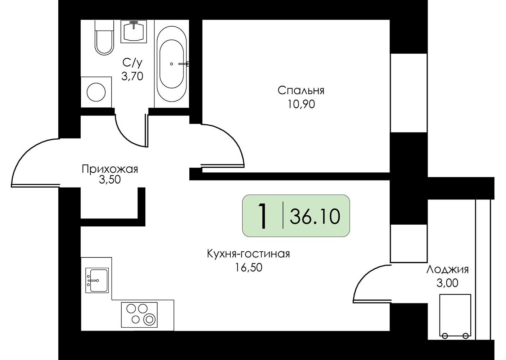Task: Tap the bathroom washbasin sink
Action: point(134,31)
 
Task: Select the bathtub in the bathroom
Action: point(172,64)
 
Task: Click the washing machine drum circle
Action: point(96,92)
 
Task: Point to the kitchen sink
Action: point(97,280)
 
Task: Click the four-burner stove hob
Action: point(139,315)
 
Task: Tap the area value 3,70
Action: point(132,76)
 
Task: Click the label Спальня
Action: point(301,91)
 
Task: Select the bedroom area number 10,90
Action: point(301,104)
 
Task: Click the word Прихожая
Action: point(110,169)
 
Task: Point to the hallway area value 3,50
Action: point(110,180)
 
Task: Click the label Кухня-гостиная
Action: point(248,253)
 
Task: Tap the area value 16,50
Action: point(248,267)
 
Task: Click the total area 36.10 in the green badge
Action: point(315,216)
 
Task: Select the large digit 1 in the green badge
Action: point(263,216)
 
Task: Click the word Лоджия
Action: point(447,270)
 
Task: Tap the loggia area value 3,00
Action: point(447,283)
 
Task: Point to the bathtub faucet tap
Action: point(184,64)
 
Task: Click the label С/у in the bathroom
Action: point(132,63)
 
